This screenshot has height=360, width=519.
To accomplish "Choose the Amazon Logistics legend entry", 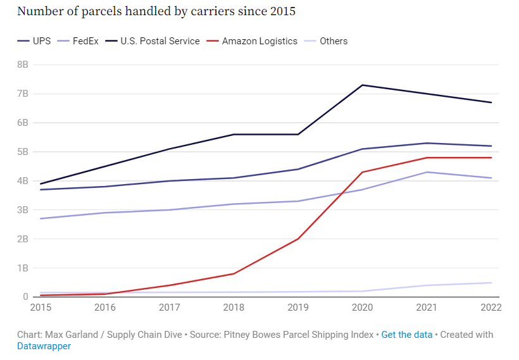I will coord(259,41).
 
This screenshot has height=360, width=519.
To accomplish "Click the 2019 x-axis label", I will coord(298,307).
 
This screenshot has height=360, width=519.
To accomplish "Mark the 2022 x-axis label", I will coord(491,307).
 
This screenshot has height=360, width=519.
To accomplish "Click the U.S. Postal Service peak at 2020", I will coord(363,85).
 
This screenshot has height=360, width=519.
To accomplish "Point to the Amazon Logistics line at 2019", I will coord(298,239).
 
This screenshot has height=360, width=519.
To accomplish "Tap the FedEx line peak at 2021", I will coord(427,172).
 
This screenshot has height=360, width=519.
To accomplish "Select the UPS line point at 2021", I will coord(427,143).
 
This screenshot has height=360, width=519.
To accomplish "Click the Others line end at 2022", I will coord(491,283).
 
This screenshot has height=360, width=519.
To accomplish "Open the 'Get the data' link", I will coord(406,334).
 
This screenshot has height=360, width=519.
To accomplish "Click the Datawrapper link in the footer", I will coord(44,346).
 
